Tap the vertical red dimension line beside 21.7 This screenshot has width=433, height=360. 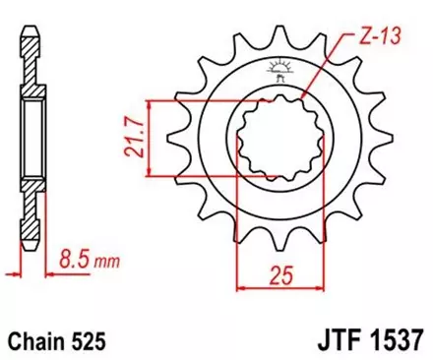pos(148,138)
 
